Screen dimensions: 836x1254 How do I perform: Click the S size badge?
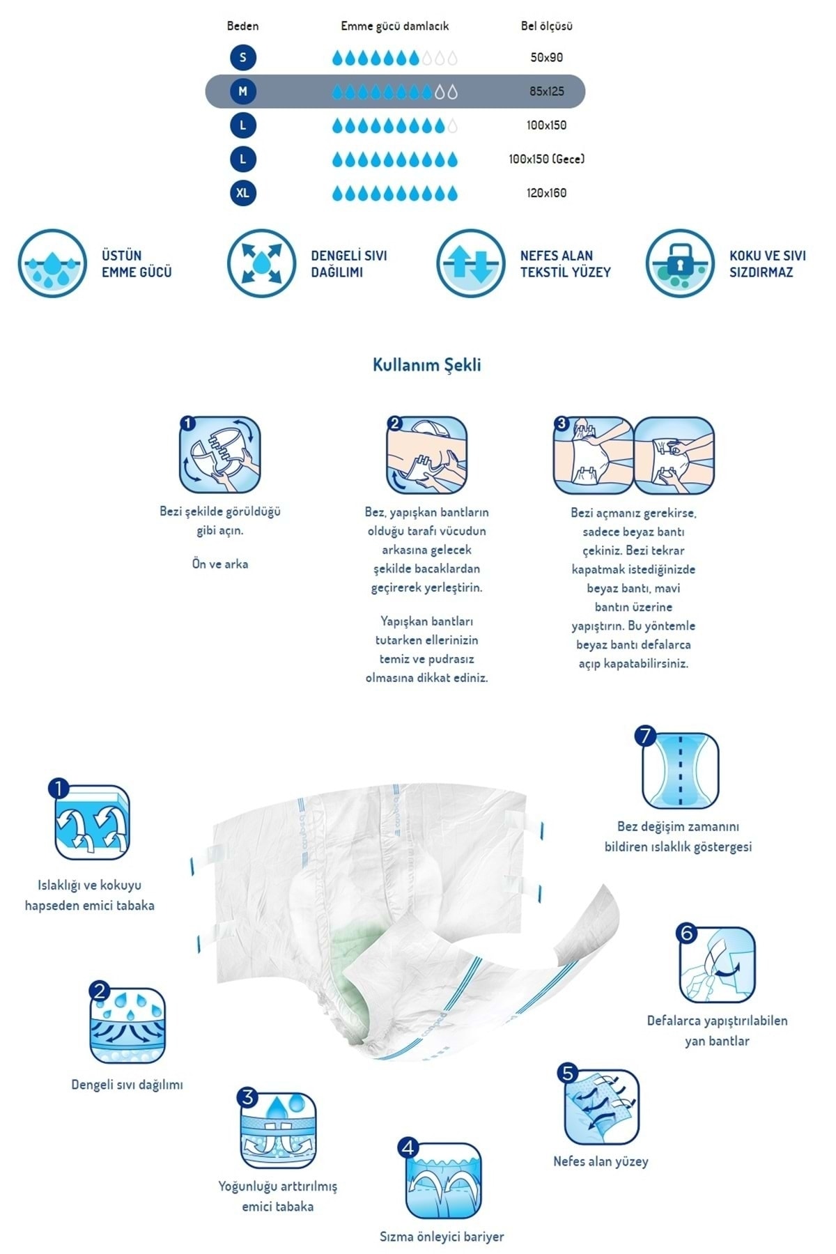click(242, 57)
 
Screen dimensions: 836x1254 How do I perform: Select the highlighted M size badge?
click(242, 91)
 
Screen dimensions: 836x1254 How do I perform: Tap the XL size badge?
click(242, 193)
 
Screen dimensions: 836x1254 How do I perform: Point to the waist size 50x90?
click(546, 58)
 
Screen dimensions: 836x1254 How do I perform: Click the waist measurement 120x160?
click(546, 193)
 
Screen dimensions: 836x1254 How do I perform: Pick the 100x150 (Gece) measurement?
click(546, 159)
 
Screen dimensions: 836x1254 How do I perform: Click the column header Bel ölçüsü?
click(546, 26)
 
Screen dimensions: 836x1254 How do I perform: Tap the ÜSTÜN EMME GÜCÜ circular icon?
click(52, 263)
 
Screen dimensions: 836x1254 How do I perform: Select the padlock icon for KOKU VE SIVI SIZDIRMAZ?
click(679, 263)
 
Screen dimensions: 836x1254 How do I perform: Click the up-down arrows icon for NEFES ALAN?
click(470, 263)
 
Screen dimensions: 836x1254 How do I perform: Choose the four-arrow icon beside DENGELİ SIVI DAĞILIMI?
click(261, 263)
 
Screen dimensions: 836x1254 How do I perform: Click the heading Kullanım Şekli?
click(426, 365)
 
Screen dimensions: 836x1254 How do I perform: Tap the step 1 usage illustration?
click(220, 455)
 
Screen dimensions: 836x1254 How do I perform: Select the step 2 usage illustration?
click(426, 455)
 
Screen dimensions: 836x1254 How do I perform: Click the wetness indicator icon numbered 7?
click(679, 769)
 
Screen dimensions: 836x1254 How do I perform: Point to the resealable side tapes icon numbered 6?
click(717, 964)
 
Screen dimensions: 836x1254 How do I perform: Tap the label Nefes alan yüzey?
click(601, 1161)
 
